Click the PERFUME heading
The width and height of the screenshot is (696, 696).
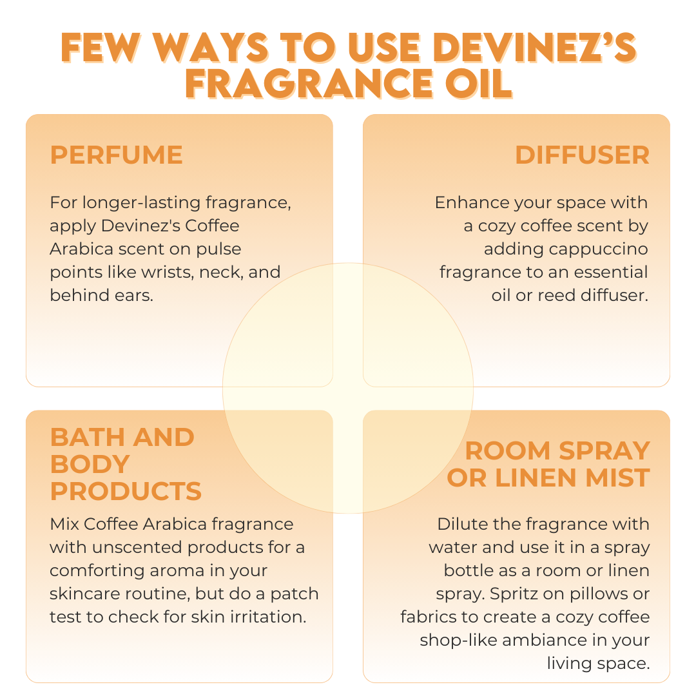117,155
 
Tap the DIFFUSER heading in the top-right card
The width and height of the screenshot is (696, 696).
582,155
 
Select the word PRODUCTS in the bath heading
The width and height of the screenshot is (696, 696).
126,491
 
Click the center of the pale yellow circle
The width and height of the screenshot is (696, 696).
348,388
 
